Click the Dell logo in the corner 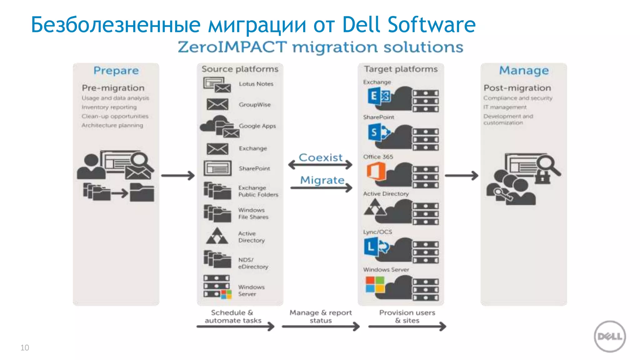609,336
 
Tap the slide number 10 25,347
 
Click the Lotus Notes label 256,84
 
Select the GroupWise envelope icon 217,104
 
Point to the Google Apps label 257,126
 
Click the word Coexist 321,157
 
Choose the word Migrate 322,180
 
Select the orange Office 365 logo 376,171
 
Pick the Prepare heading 116,71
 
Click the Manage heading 524,70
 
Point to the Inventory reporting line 109,107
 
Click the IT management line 505,107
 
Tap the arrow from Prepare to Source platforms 178,176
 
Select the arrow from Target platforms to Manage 461,176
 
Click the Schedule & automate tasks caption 233,316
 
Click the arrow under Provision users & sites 407,327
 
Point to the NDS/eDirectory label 253,263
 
